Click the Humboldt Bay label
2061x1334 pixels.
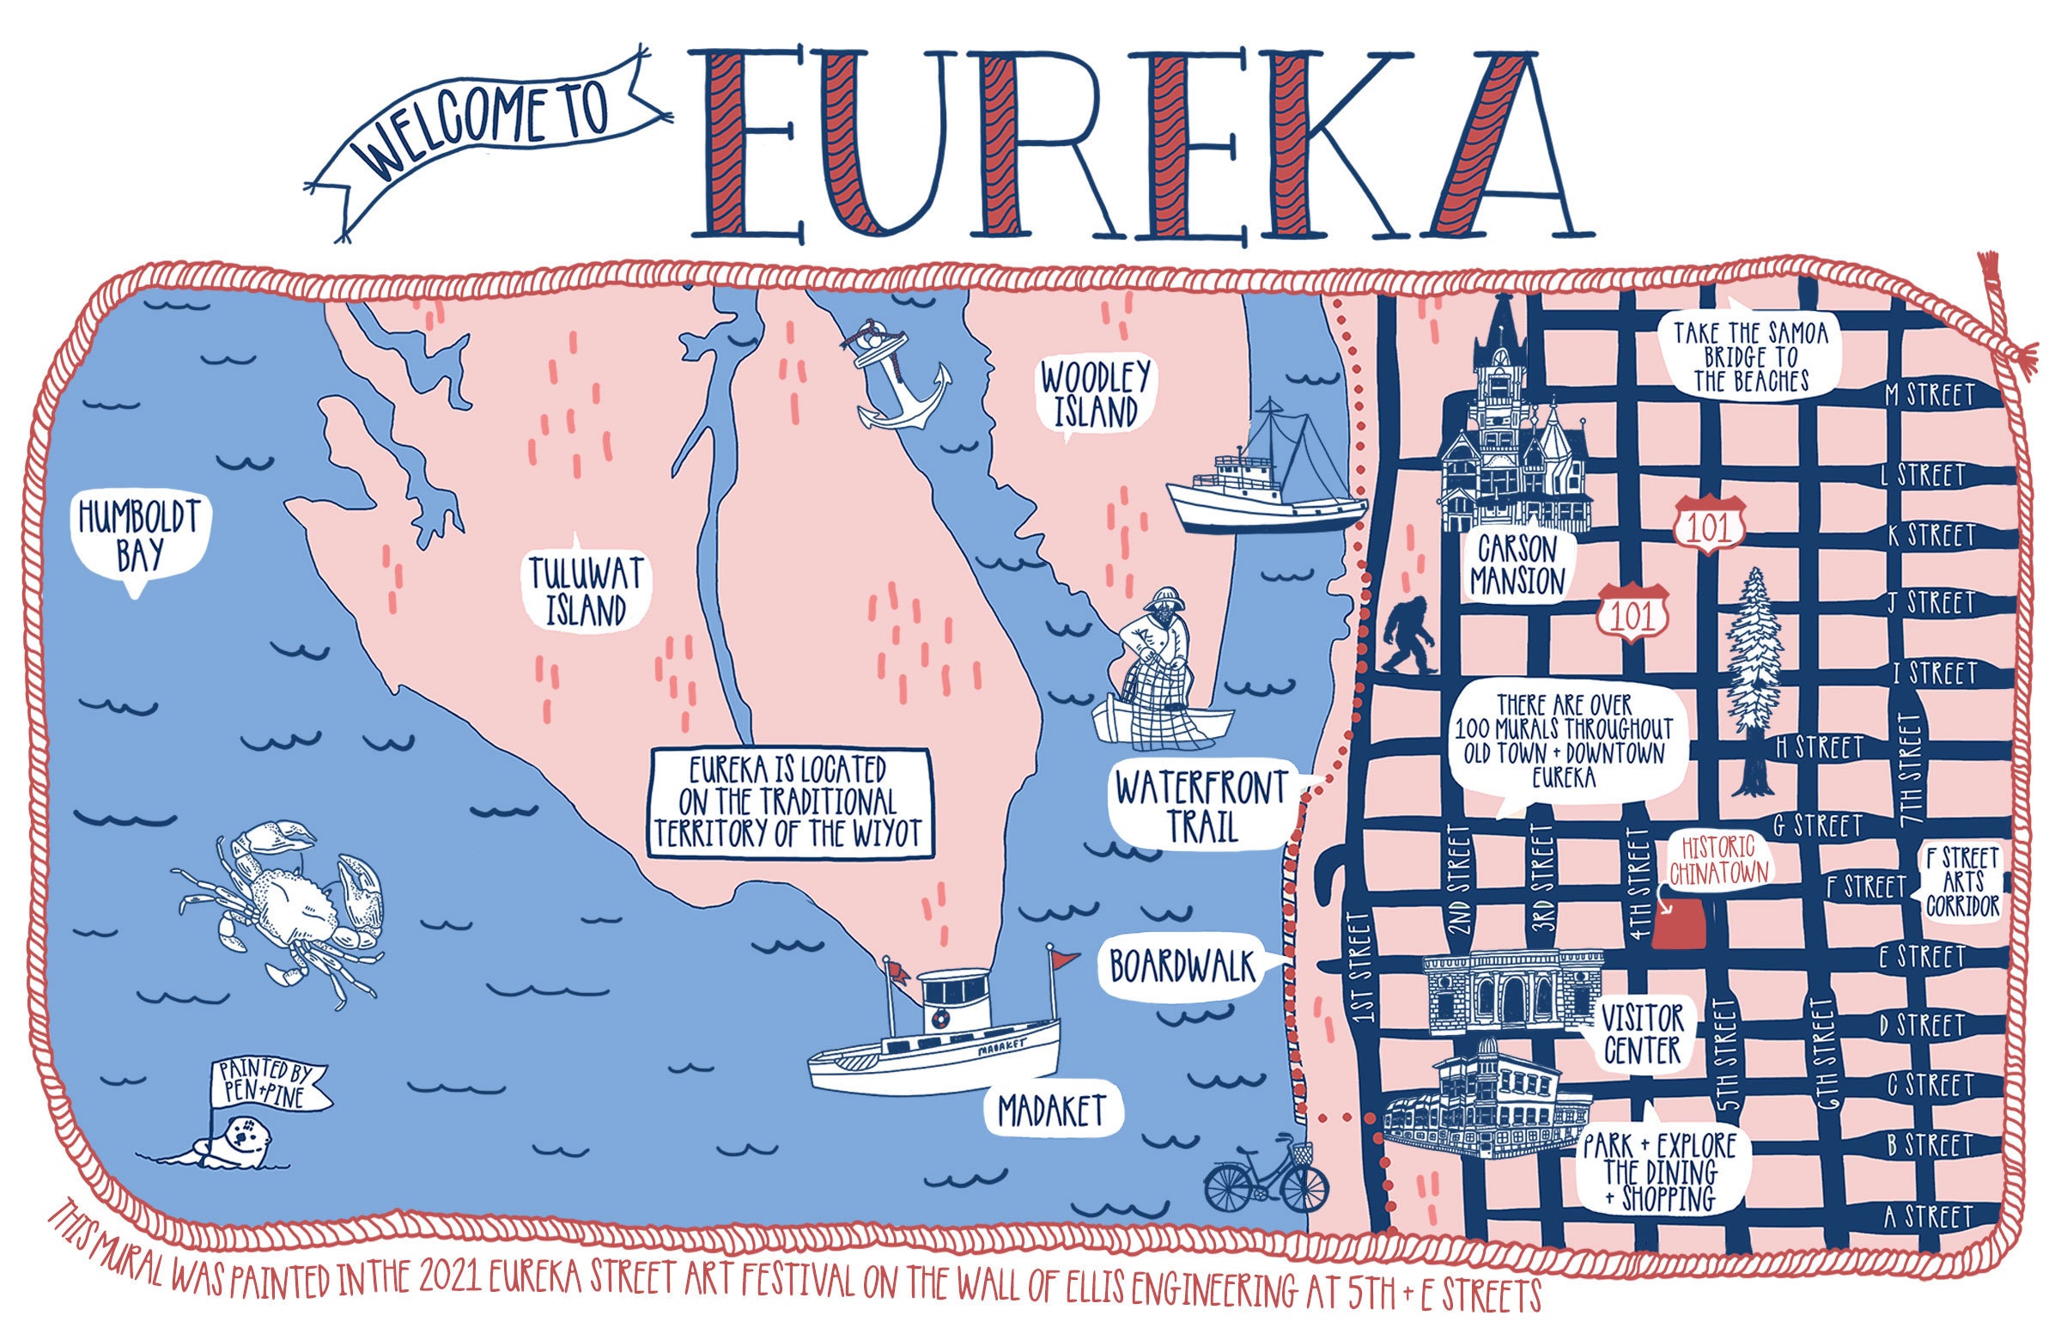click(138, 535)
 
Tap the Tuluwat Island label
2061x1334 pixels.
click(587, 591)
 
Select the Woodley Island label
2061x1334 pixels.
click(1095, 394)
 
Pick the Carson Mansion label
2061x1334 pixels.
click(1517, 565)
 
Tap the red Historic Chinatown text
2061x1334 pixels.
click(1719, 859)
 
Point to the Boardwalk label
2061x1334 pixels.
click(1182, 966)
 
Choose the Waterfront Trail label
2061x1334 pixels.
click(1201, 806)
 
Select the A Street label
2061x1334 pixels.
click(1930, 1217)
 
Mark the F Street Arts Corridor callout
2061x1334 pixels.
click(1962, 882)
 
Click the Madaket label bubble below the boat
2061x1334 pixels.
click(1051, 1111)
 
